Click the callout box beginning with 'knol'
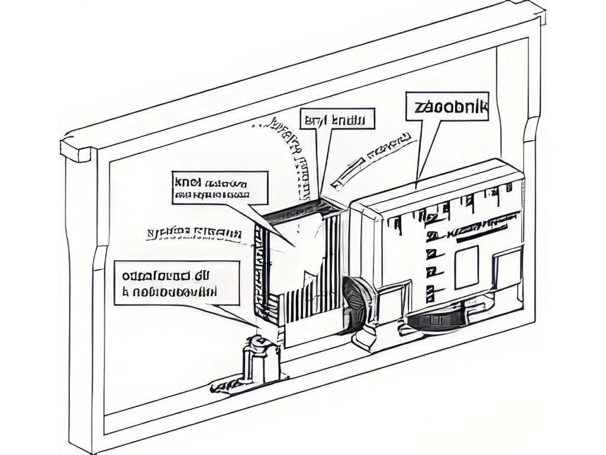click(220, 188)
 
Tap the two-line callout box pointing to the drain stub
click(177, 283)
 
